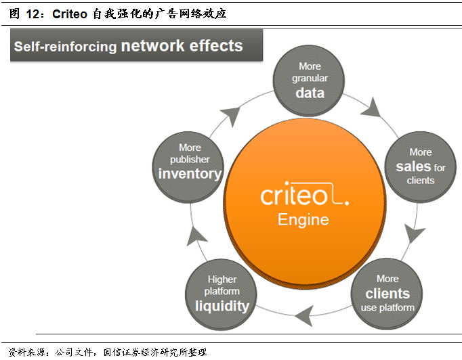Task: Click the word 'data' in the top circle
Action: (x=310, y=93)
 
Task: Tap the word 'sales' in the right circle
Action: (x=413, y=166)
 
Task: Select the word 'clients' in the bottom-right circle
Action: (x=387, y=294)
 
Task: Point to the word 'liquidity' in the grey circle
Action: (x=222, y=305)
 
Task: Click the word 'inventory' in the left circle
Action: (x=190, y=174)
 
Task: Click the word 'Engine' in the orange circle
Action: (x=303, y=220)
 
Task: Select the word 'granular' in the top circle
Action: (x=310, y=78)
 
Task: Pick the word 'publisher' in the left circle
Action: (x=190, y=160)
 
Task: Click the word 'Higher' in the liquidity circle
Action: (x=222, y=279)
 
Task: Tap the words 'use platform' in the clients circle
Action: (x=387, y=308)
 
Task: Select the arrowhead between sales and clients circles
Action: (x=413, y=235)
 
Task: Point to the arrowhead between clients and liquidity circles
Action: (x=304, y=313)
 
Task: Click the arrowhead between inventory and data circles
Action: (x=230, y=116)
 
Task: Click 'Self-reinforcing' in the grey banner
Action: (x=65, y=47)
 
